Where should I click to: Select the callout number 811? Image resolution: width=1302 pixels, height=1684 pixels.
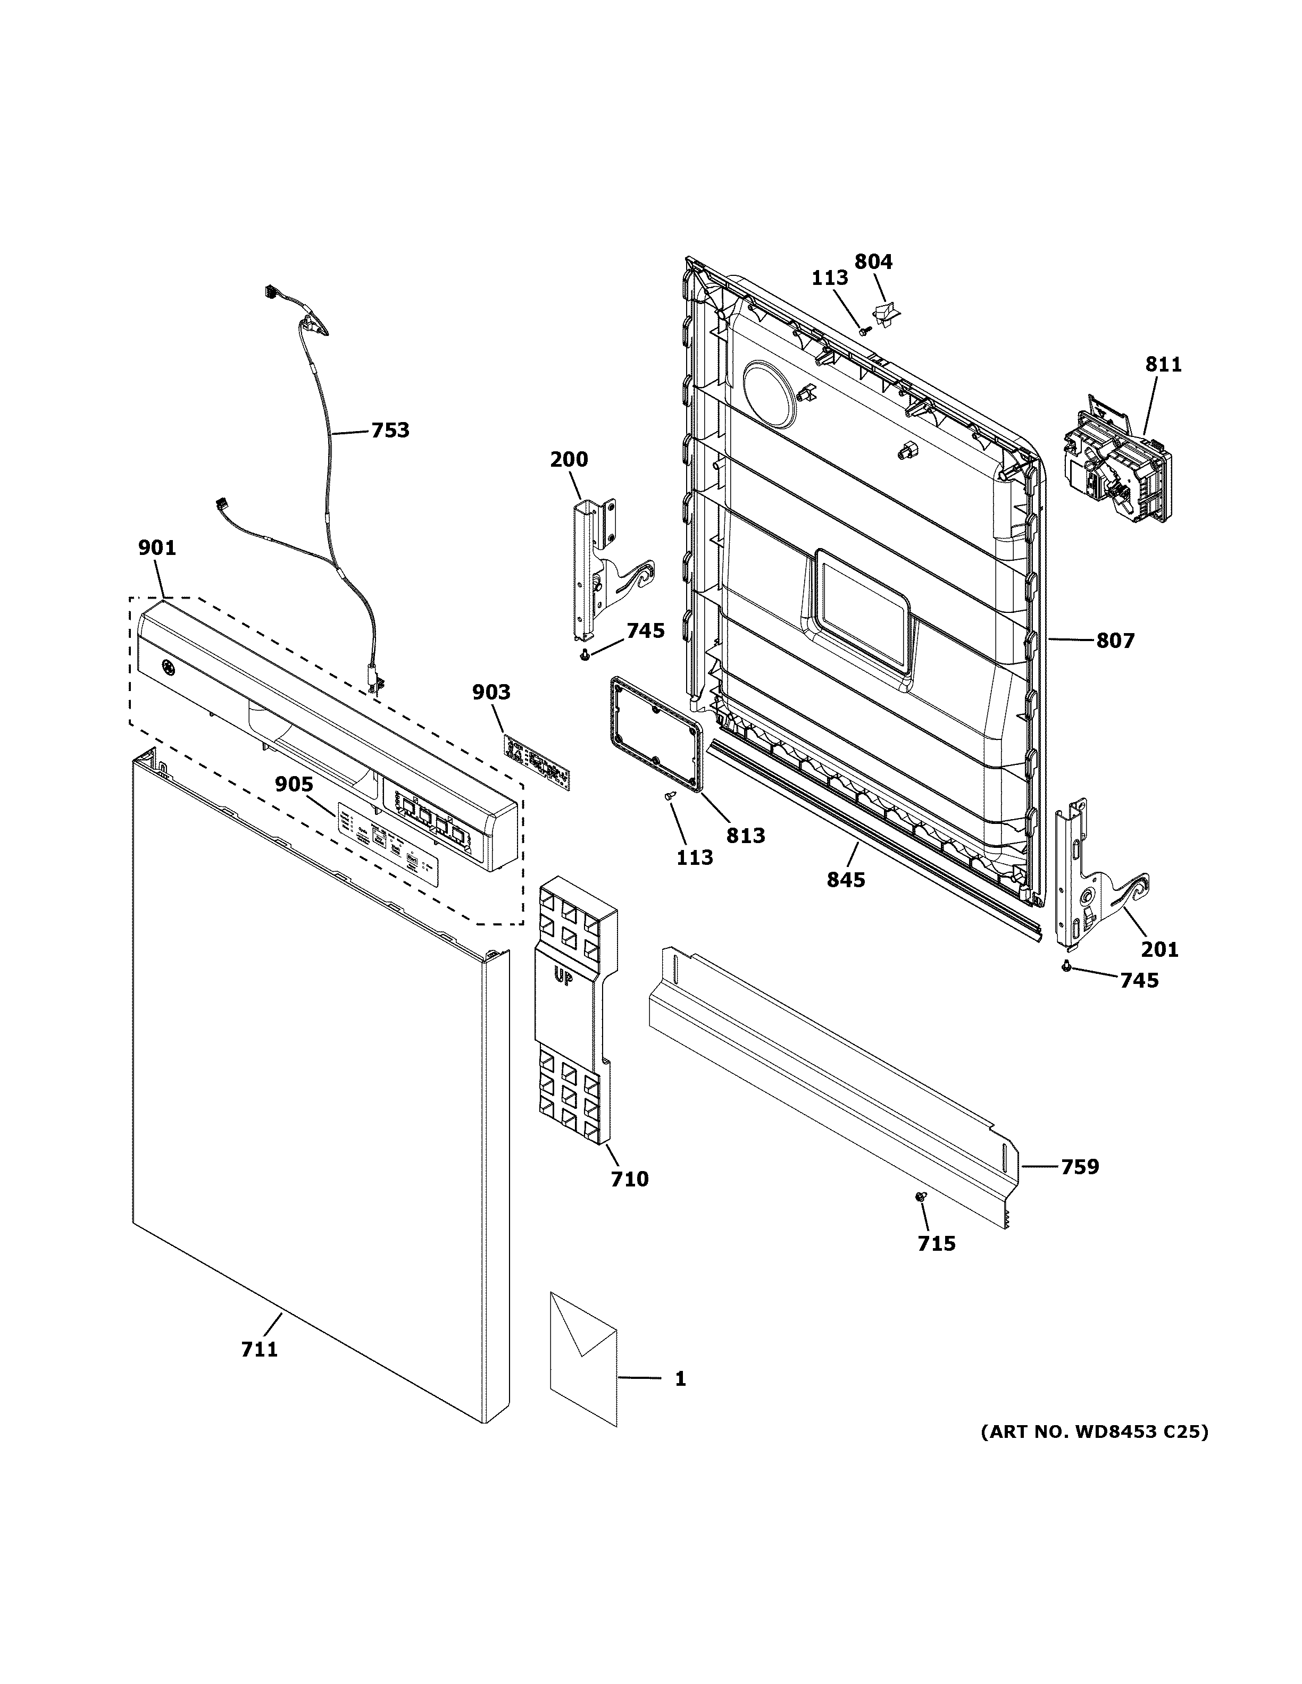(x=1163, y=364)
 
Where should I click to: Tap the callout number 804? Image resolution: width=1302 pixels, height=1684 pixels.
(x=873, y=262)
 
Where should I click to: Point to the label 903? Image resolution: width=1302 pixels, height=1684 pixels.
(x=491, y=693)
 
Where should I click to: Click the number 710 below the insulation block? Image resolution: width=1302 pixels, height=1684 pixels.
(x=629, y=1201)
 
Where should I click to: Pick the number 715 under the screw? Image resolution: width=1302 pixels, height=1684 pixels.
(x=937, y=1265)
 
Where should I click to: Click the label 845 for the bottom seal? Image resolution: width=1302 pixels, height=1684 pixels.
(x=846, y=879)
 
